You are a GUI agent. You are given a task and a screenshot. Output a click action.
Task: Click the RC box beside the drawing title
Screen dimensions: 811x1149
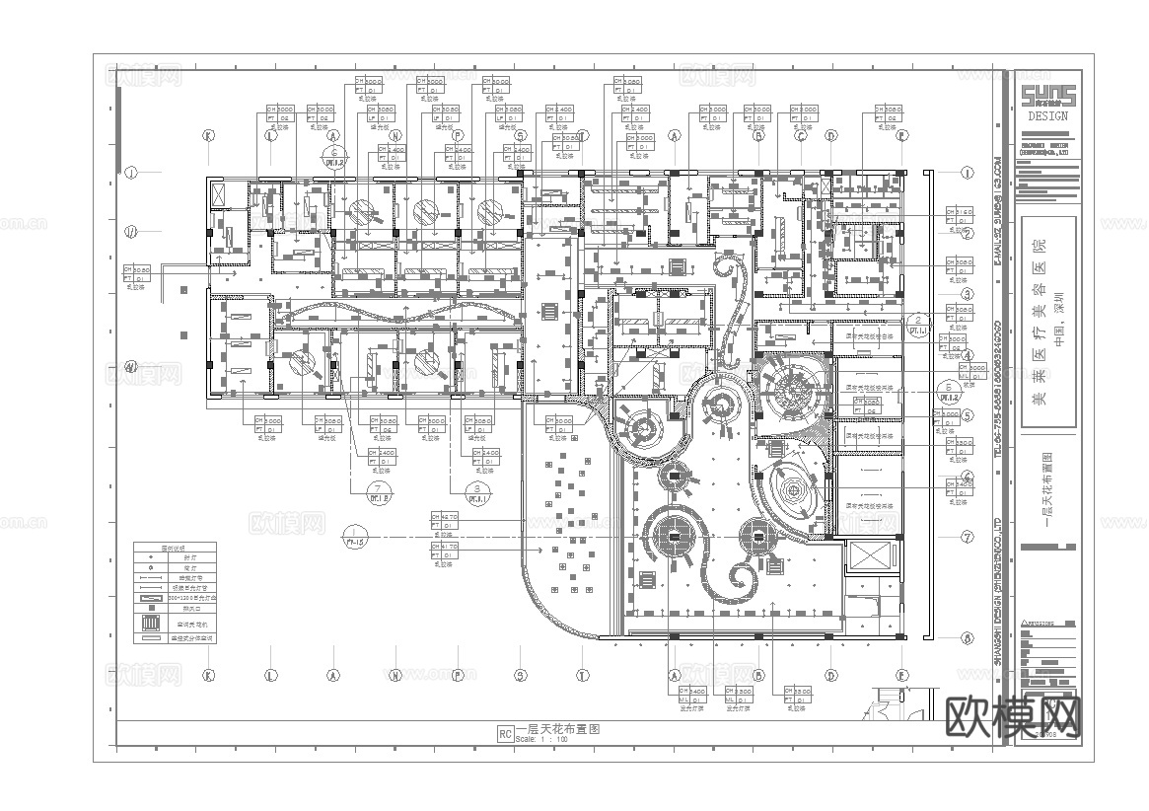coord(505,733)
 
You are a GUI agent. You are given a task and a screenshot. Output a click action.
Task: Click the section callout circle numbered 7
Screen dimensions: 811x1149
coord(376,488)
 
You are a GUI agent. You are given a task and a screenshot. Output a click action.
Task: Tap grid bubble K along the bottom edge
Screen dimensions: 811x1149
coord(208,676)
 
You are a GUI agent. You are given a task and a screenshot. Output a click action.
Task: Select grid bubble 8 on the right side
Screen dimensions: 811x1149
coord(968,638)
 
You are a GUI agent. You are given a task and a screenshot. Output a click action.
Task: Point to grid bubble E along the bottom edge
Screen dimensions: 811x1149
coord(901,676)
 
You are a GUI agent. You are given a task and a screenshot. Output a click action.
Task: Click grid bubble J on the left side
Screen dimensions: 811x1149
coord(129,171)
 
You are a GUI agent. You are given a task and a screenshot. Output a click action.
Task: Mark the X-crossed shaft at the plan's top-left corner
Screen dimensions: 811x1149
coord(218,193)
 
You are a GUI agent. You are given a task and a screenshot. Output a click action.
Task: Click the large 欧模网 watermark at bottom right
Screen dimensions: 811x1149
coord(1013,715)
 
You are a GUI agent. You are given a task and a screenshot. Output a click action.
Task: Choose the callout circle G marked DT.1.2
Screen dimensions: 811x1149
coord(333,155)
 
